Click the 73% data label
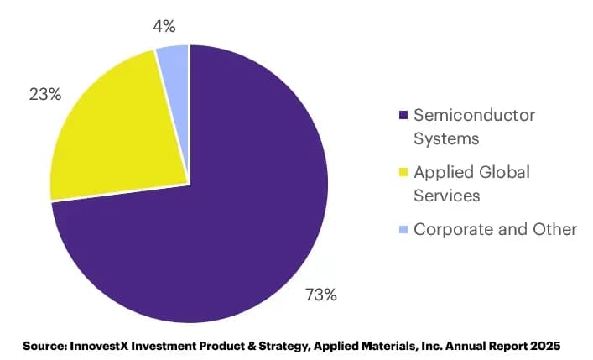[321, 295]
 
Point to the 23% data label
[45, 94]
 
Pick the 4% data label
[164, 27]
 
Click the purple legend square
[403, 115]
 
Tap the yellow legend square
[403, 172]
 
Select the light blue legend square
[403, 229]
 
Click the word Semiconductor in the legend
[474, 115]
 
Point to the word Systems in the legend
[446, 138]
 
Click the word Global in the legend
[504, 172]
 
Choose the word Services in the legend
[447, 196]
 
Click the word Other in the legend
[554, 229]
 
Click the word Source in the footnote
[45, 346]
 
